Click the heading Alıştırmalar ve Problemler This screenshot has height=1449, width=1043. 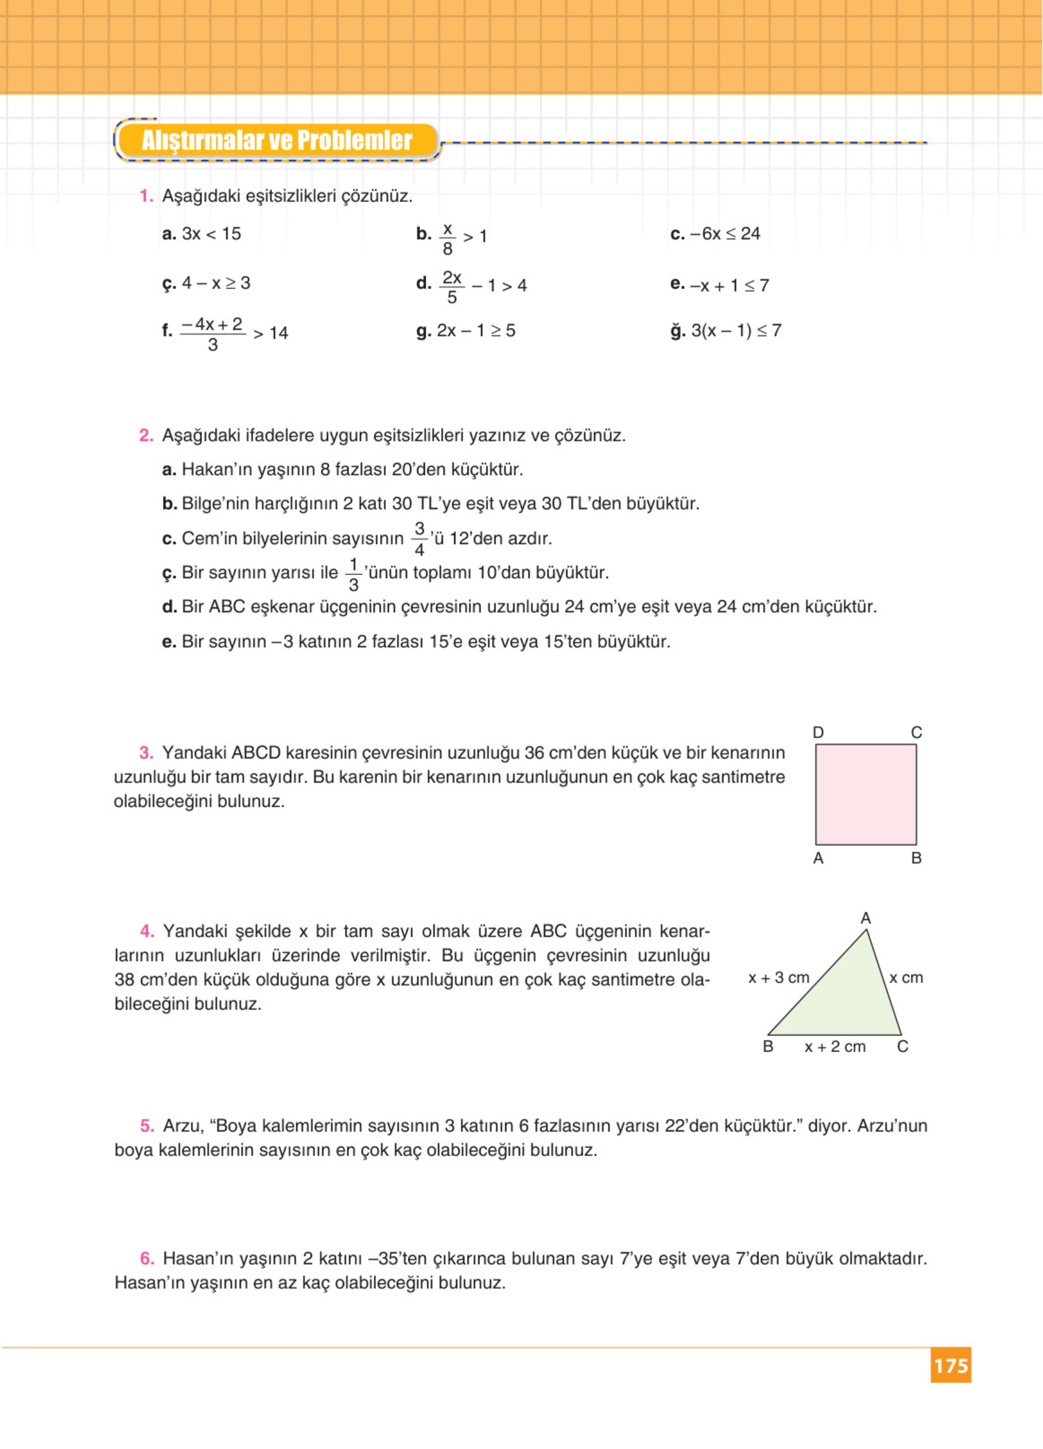tap(277, 140)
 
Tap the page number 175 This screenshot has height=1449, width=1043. tap(950, 1365)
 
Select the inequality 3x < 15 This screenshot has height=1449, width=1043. tap(212, 234)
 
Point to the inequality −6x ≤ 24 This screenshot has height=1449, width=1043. tap(725, 234)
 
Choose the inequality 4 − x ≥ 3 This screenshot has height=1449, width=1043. tap(216, 283)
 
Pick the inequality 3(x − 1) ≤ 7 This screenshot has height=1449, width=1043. tap(736, 331)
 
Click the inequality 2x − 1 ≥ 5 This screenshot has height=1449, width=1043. tap(475, 331)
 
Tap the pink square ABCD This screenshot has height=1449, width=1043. tap(865, 794)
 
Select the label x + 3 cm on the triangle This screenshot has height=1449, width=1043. tap(779, 977)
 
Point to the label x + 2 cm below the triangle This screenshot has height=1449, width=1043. tap(835, 1047)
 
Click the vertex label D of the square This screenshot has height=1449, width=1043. tap(818, 732)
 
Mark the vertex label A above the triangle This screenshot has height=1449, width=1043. tap(865, 918)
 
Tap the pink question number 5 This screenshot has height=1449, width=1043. tap(147, 1126)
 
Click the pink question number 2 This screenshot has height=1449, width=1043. tap(146, 436)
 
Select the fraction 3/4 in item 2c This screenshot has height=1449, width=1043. tap(419, 539)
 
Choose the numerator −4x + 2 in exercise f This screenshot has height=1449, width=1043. tap(212, 325)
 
